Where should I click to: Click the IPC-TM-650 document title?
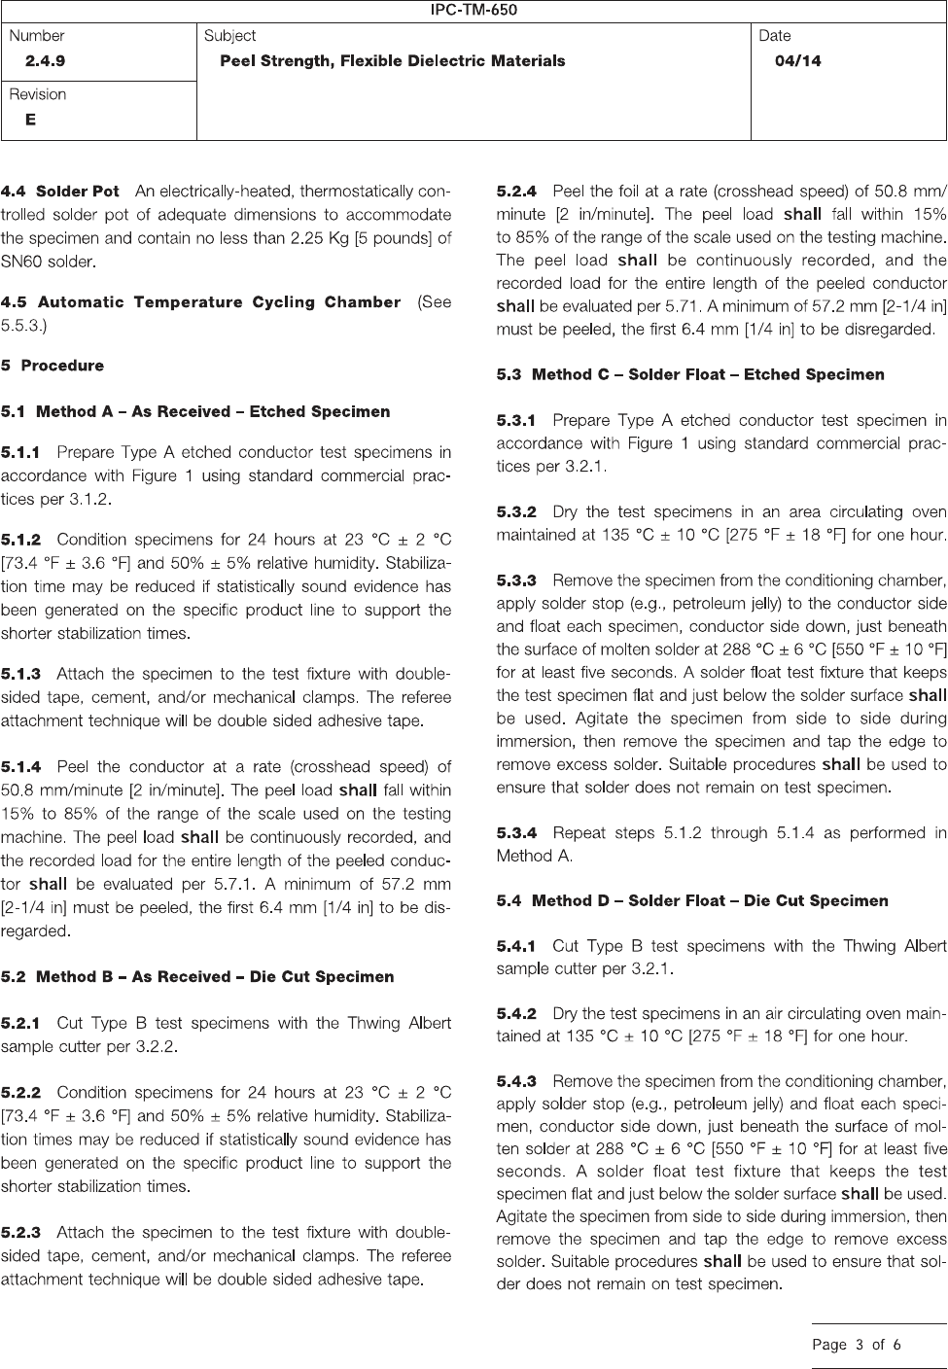tap(474, 11)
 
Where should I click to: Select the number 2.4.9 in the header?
tap(46, 61)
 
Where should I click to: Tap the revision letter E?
tap(31, 120)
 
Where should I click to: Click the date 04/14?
tap(797, 61)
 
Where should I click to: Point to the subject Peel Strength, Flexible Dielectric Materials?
tap(392, 61)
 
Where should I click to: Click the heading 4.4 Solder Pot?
tap(60, 192)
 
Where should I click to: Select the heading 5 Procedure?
tap(53, 366)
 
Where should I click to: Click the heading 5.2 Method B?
tap(197, 977)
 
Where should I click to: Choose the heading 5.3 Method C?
tap(690, 374)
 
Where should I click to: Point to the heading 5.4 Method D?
tap(692, 900)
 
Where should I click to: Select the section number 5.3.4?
tap(516, 833)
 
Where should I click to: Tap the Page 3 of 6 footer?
tap(857, 1345)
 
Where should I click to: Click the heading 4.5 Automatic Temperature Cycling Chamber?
tap(200, 302)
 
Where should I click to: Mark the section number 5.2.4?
tap(516, 192)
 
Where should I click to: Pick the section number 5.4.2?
tap(516, 1014)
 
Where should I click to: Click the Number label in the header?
tap(37, 36)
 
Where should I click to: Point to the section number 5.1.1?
tap(20, 453)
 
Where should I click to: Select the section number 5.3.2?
tap(516, 512)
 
